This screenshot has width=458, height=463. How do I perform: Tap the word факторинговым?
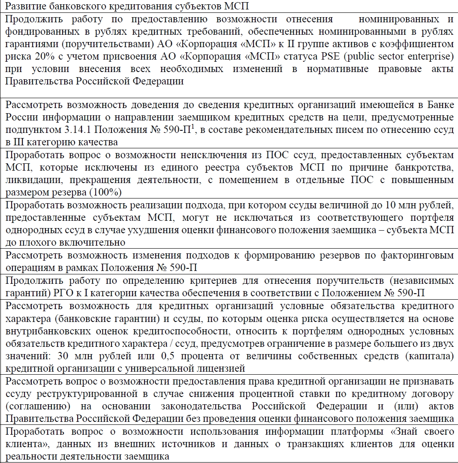coord(421,256)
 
